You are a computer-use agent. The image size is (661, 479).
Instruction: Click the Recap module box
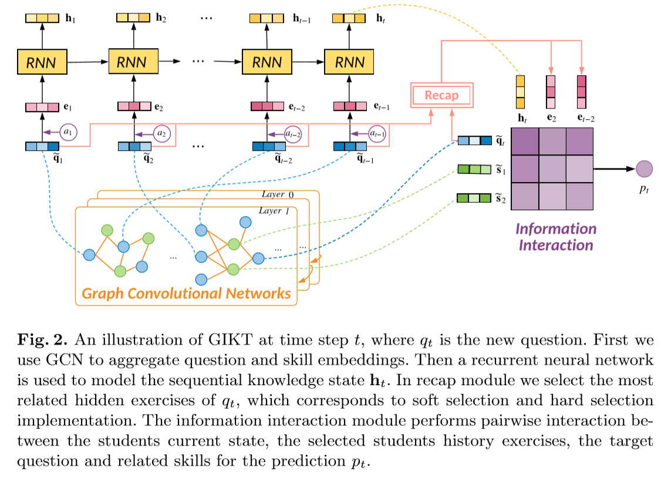coord(441,95)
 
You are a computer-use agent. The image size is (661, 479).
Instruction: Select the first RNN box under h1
coord(42,60)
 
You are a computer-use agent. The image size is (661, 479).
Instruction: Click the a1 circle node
coord(70,132)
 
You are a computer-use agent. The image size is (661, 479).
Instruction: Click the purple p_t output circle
coord(644,169)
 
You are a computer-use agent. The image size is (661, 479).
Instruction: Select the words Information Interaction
coord(555,236)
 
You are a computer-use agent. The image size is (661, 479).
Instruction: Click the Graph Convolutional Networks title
coord(187,293)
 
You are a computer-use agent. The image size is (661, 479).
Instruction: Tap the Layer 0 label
coord(281,194)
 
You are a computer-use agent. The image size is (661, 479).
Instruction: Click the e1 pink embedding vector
coord(42,107)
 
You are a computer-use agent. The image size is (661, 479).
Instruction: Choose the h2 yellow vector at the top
coord(134,18)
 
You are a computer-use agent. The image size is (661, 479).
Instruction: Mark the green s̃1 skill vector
coord(474,170)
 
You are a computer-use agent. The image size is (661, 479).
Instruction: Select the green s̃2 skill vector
coord(474,198)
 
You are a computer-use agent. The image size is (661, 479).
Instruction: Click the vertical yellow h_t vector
coord(520,92)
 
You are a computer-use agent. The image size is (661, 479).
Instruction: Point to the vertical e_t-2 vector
coord(582,92)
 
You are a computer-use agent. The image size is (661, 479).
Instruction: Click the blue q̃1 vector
coord(42,146)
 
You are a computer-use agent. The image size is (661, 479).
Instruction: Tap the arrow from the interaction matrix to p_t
coord(614,169)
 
